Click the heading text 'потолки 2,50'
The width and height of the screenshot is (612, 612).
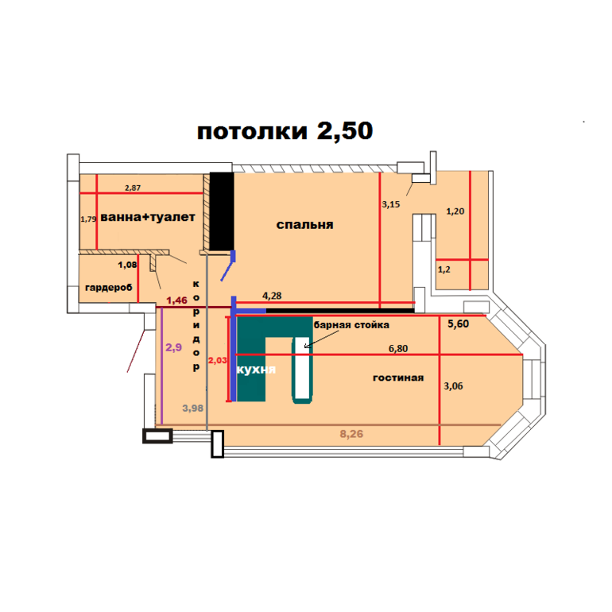pyautogui.click(x=285, y=131)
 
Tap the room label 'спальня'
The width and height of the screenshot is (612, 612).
pyautogui.click(x=305, y=225)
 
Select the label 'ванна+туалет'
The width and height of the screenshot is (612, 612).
pyautogui.click(x=148, y=217)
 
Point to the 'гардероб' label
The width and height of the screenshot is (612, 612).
pyautogui.click(x=109, y=288)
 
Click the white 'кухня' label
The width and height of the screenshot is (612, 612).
pyautogui.click(x=256, y=370)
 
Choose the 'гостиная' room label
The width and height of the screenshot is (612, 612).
pyautogui.click(x=398, y=378)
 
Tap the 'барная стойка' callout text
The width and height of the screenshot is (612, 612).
pyautogui.click(x=351, y=325)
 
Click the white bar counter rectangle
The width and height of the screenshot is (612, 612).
pyautogui.click(x=302, y=368)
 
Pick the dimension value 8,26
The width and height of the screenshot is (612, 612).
pyautogui.click(x=351, y=434)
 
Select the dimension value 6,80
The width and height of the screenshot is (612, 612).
pyautogui.click(x=398, y=348)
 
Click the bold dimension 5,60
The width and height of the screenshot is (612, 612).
pyautogui.click(x=459, y=323)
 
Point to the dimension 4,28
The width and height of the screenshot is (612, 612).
pyautogui.click(x=272, y=296)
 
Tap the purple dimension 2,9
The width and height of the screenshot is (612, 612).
pyautogui.click(x=174, y=347)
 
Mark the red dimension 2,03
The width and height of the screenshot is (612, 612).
pyautogui.click(x=218, y=360)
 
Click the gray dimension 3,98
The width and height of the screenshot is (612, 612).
pyautogui.click(x=193, y=409)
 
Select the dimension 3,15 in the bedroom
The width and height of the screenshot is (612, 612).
pyautogui.click(x=391, y=204)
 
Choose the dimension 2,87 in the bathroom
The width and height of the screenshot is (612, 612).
pyautogui.click(x=133, y=188)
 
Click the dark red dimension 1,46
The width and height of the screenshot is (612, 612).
pyautogui.click(x=176, y=300)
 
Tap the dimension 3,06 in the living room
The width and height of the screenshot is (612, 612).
pyautogui.click(x=453, y=386)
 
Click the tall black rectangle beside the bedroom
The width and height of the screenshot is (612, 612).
pyautogui.click(x=222, y=211)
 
